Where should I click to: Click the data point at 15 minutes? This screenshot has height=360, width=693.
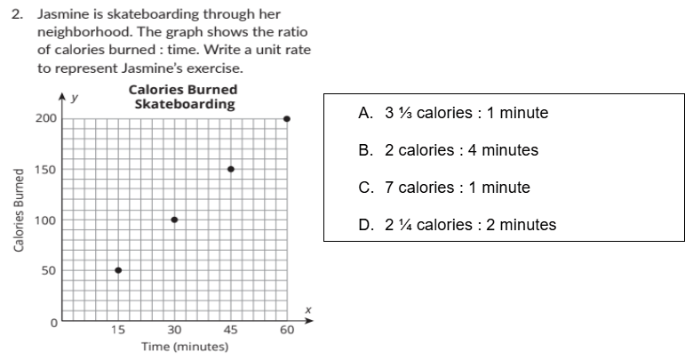(x=118, y=270)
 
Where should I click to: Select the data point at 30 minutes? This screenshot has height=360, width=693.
(x=174, y=220)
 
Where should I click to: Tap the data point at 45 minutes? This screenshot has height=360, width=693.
(x=230, y=169)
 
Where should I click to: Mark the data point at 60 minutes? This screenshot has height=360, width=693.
(x=286, y=118)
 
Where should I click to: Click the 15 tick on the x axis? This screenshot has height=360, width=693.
(x=118, y=331)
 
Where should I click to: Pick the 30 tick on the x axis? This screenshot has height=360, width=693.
(x=174, y=331)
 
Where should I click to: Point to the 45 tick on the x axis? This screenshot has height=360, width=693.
(x=230, y=331)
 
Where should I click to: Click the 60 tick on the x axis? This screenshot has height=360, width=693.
(x=286, y=331)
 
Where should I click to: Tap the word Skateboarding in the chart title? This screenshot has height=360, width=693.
(x=184, y=104)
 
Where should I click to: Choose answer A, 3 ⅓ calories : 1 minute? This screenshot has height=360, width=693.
(x=453, y=113)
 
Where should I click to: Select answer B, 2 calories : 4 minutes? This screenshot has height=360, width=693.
(x=448, y=150)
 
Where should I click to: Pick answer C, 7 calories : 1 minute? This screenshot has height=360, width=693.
(x=444, y=188)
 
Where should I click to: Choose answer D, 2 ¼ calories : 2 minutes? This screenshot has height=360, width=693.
(x=457, y=225)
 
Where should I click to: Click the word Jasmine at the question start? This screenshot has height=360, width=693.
(x=61, y=13)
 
